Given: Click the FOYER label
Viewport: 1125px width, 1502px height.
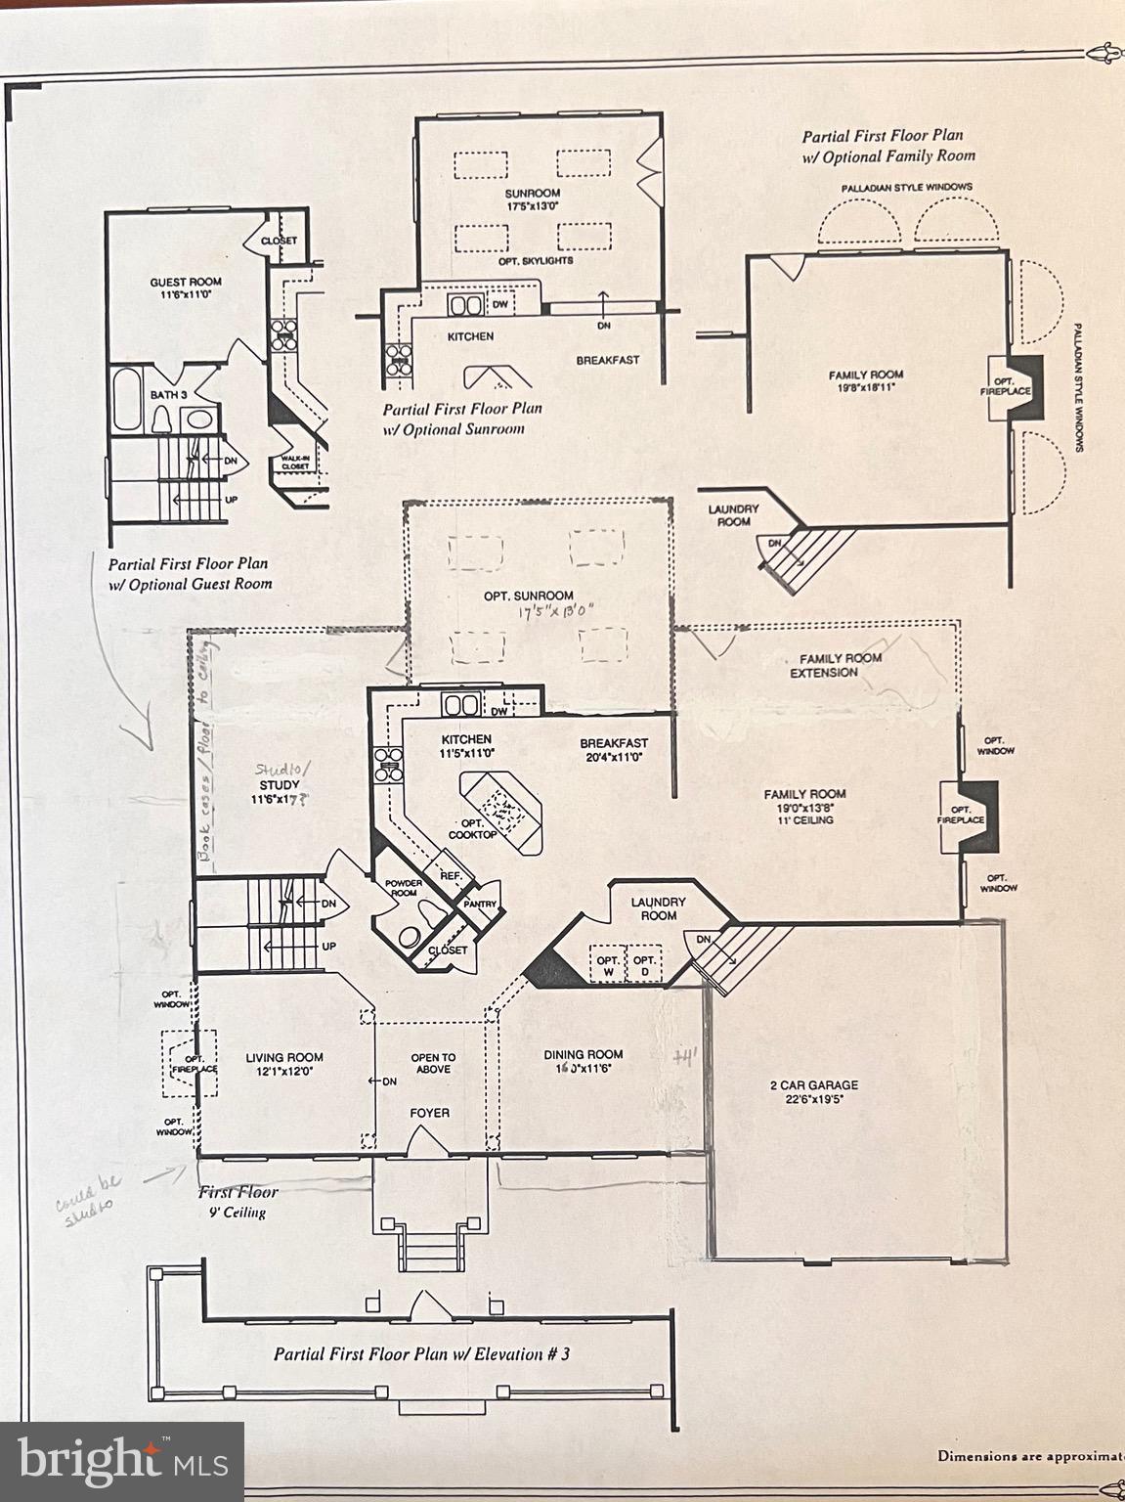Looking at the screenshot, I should point(429,1113).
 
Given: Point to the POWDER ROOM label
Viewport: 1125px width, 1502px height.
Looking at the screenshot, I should point(403,889).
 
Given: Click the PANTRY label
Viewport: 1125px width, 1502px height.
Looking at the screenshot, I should point(480,904).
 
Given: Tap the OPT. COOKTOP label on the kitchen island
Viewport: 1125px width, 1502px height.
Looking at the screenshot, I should point(472,829).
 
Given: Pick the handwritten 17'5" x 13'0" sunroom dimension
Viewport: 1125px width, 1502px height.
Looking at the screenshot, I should point(557,614).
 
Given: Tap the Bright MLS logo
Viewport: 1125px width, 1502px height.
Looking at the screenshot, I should point(122,1461).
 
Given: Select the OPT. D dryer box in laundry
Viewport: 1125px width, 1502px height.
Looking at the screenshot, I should point(643,966).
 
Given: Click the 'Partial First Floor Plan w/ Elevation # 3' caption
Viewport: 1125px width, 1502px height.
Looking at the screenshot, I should point(421,1354).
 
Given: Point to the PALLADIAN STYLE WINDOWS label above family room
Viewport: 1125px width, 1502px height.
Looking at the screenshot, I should point(906,187).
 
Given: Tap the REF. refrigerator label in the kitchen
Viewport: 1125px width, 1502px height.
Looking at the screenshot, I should point(450,876).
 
